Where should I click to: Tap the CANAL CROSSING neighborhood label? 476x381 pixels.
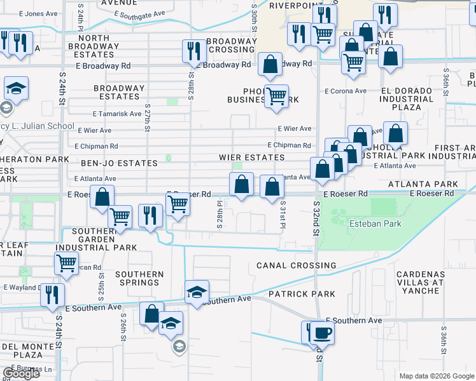[x=296, y=265]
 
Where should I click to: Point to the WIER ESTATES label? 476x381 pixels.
[x=251, y=157]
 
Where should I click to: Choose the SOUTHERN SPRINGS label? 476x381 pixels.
[x=139, y=278]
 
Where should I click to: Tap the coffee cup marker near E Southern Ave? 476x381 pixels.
[x=321, y=333]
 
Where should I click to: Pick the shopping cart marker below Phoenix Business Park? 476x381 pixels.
[x=276, y=97]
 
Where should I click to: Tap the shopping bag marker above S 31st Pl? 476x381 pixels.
[x=272, y=187]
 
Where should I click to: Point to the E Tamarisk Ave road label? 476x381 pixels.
[x=116, y=114]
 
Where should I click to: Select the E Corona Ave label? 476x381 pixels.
[x=346, y=91]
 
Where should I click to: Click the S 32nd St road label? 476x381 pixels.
[x=316, y=219]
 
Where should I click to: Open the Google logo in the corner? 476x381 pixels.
[x=21, y=373]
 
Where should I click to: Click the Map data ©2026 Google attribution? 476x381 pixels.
[x=435, y=375]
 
